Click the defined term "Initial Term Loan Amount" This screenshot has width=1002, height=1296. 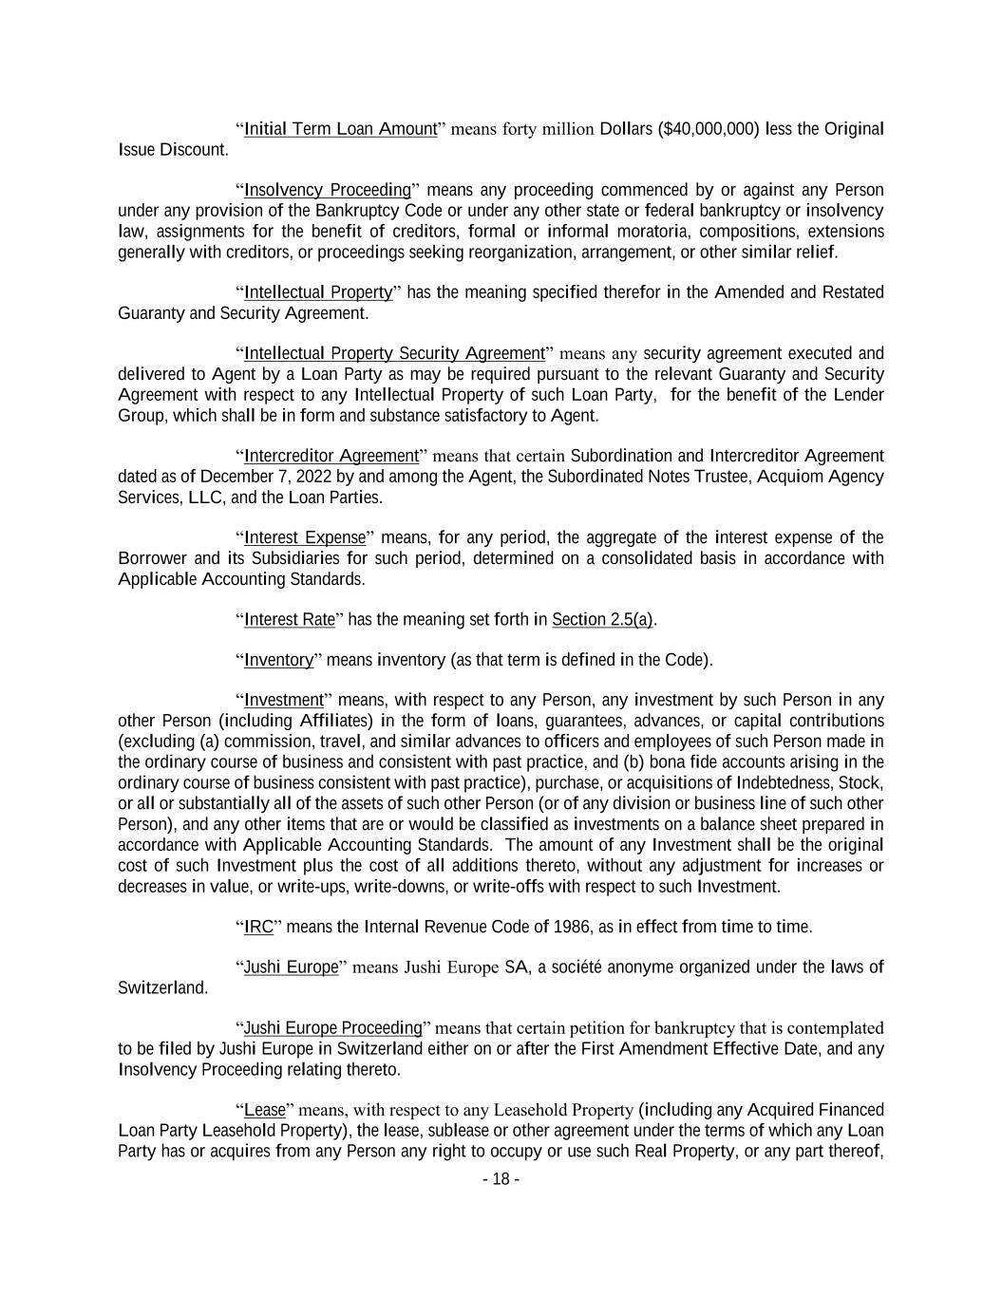(340, 129)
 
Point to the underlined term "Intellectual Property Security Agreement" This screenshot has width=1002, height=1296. (394, 354)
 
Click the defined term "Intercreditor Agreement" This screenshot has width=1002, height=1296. (331, 456)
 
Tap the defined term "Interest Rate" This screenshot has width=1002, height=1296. (290, 620)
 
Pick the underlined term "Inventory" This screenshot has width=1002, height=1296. (278, 660)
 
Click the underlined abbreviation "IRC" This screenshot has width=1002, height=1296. (258, 927)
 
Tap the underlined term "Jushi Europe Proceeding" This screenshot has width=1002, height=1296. (332, 1028)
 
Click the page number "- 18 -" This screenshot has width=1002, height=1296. (501, 1179)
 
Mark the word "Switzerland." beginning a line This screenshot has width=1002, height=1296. (162, 988)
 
